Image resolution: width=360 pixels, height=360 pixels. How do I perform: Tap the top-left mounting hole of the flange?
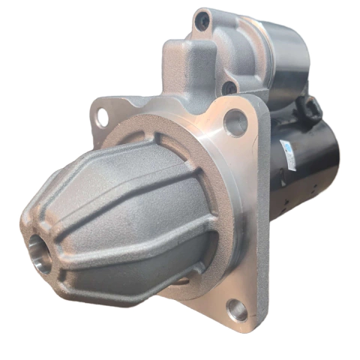click(102, 117)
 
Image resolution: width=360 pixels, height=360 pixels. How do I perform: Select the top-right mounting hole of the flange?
click(235, 121)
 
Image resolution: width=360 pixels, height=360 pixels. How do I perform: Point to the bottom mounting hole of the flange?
click(238, 308)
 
